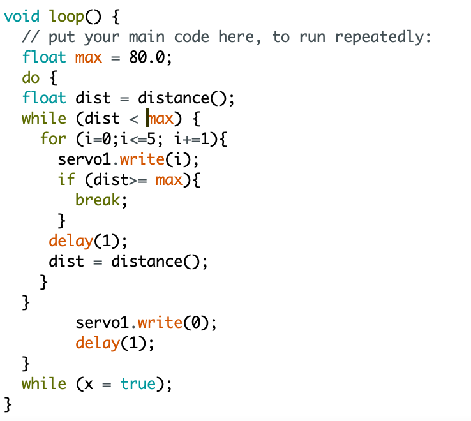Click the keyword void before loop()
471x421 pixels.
21,16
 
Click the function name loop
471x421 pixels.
67,16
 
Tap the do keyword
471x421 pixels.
31,77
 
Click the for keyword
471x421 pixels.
53,138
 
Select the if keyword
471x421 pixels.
66,179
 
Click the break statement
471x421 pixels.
98,200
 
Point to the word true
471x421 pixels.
138,383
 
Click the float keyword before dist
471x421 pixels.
44,98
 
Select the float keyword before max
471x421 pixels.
44,57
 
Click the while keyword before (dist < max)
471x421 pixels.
44,118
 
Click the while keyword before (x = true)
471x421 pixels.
44,383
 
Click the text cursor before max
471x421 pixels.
147,118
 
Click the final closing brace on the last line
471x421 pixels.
8,404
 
